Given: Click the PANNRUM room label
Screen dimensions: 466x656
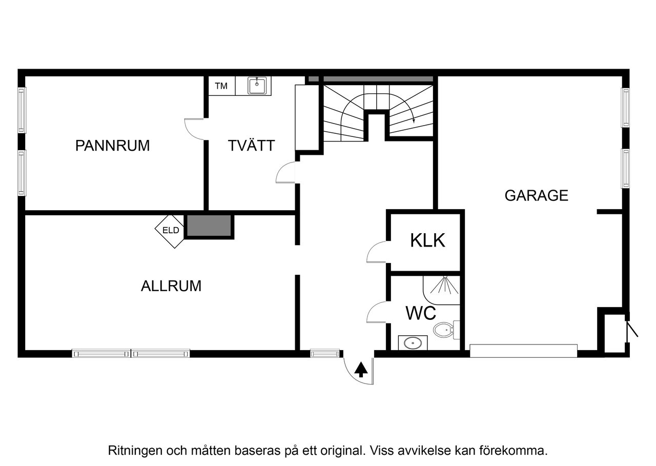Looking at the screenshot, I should coord(112,146).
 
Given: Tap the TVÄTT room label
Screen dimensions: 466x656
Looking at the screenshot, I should coord(251,146).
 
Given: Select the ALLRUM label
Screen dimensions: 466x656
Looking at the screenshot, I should coord(171,286).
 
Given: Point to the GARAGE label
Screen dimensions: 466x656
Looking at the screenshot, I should coord(536,195).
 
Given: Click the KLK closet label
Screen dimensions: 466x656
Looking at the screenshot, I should coord(427,240).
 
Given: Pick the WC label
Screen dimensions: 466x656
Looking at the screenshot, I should coord(421,313).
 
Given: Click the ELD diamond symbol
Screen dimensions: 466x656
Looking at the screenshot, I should coord(171,230).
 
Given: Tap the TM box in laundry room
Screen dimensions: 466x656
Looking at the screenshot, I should coord(221,86).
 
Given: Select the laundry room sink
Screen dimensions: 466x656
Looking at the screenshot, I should coord(257,86).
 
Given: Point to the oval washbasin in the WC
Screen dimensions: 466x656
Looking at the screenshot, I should coord(413,342).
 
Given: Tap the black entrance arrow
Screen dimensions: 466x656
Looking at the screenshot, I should coord(361,369).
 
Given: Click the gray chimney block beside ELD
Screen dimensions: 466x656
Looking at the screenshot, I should coord(209,226).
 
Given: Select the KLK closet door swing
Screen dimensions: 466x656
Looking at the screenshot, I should coord(377,253).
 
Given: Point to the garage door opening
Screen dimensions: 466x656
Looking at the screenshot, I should coord(523,351).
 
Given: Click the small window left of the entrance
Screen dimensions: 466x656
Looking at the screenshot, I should coord(325,353).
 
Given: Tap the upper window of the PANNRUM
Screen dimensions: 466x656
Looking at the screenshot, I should coord(22,110).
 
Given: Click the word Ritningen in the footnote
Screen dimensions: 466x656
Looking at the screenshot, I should coord(131,451).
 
